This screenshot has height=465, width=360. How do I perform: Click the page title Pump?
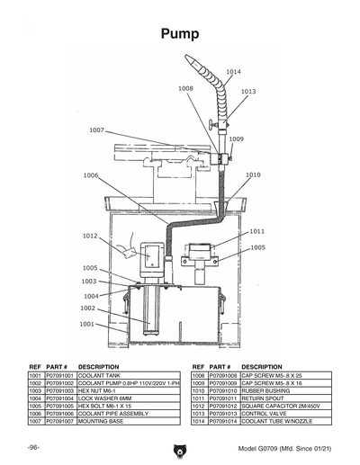click(x=180, y=34)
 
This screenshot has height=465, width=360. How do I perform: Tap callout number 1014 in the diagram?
click(x=233, y=71)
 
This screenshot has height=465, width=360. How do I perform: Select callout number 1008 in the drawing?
click(x=186, y=88)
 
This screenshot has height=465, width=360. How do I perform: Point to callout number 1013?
click(x=248, y=92)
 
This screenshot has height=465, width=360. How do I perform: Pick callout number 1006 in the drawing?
click(x=91, y=175)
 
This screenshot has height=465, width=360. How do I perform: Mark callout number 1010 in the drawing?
click(x=254, y=175)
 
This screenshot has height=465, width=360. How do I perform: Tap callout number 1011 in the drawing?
click(x=257, y=231)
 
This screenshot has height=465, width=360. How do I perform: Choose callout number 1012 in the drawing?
click(x=90, y=236)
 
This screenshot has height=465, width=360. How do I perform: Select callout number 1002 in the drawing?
click(x=87, y=309)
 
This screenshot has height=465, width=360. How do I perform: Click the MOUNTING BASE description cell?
click(x=100, y=422)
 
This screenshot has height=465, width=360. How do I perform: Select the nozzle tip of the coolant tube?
click(x=190, y=58)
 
